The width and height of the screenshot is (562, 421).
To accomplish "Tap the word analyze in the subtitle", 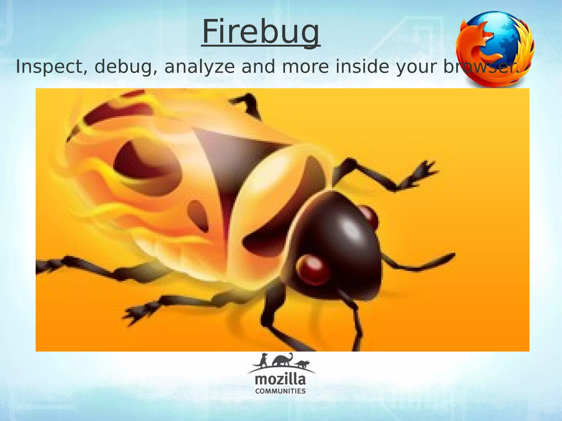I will (199, 67).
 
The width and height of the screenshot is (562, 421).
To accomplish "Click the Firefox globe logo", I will (495, 49).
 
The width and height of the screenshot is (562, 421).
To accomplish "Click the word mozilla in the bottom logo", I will (280, 380).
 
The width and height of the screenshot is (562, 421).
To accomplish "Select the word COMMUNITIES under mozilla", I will (280, 391).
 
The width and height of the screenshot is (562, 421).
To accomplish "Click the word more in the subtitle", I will (305, 67).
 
